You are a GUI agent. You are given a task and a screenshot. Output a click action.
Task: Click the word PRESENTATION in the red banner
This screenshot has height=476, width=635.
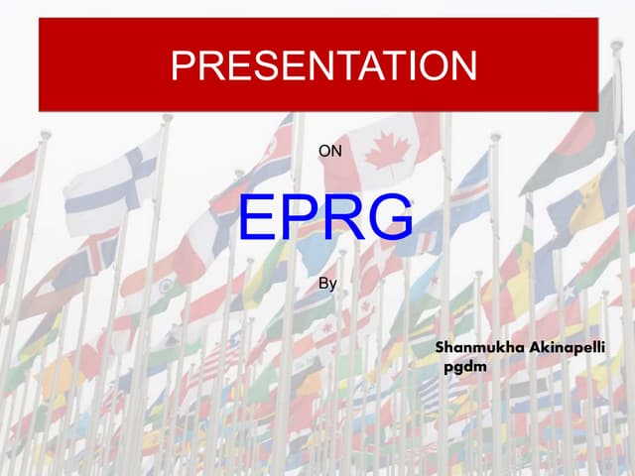point(323,65)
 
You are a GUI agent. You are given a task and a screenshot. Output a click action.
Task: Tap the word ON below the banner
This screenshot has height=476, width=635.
point(329,151)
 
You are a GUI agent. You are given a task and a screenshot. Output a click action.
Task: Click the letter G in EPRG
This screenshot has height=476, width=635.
point(392,218)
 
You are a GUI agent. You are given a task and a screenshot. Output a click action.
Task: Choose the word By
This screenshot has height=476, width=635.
point(327,284)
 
